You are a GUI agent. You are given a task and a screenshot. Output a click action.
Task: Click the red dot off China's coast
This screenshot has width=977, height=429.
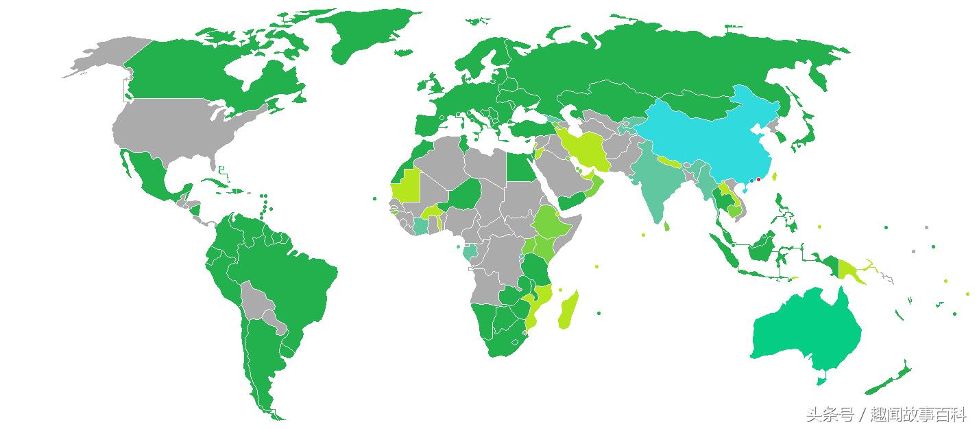pos(758,180)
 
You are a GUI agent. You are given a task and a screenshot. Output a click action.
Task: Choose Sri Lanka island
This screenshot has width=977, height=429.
pos(666,226)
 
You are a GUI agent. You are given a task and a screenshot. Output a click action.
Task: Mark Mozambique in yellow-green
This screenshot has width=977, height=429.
pos(542,302)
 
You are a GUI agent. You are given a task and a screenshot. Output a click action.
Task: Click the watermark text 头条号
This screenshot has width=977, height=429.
pos(830,415)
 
